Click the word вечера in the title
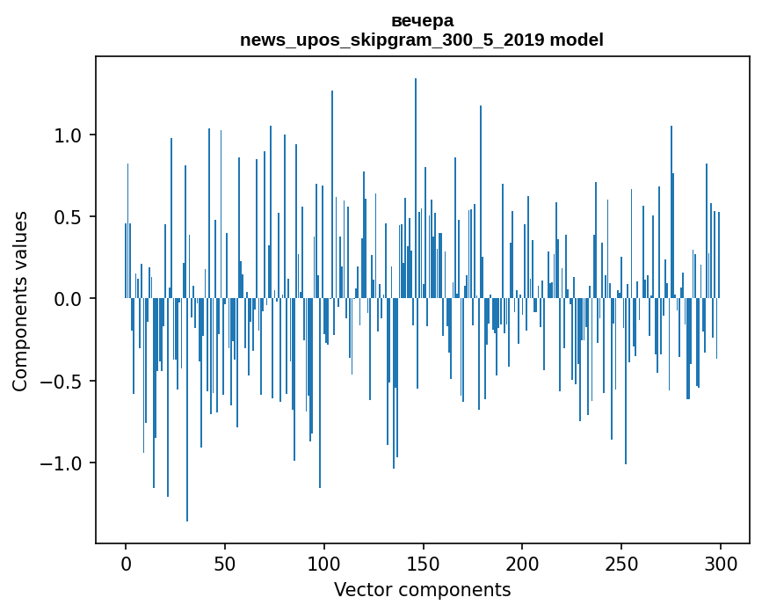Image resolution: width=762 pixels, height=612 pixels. click(x=422, y=21)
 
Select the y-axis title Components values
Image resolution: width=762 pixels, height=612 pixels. click(x=20, y=301)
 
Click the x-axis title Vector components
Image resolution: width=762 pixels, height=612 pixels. click(x=422, y=590)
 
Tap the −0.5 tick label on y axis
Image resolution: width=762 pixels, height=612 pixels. click(x=62, y=382)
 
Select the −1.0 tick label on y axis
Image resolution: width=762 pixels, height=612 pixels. click(x=62, y=463)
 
